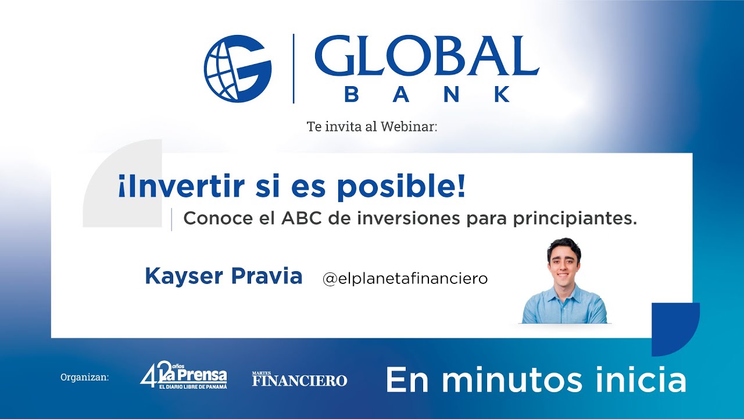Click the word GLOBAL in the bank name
(426, 56)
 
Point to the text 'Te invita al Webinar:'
(372, 126)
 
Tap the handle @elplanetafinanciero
(405, 279)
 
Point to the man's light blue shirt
(564, 306)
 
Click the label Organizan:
(85, 378)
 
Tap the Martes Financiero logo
(299, 379)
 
